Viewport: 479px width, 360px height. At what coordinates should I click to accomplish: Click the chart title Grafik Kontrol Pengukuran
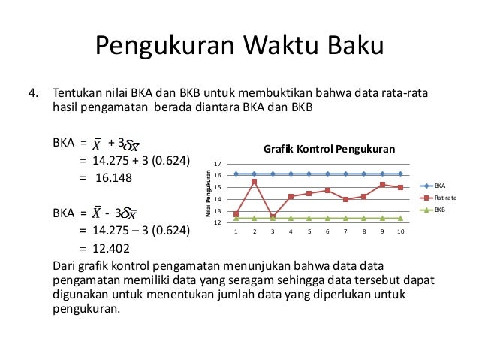328,148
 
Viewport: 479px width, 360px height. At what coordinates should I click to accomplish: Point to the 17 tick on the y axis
218,164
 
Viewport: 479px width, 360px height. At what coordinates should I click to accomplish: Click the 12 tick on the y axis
218,222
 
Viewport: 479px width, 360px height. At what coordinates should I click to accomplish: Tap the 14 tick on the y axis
218,199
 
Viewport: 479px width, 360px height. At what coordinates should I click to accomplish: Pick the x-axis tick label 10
401,231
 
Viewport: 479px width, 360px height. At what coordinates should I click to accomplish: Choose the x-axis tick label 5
309,231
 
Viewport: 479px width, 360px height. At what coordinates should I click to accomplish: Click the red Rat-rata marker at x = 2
255,182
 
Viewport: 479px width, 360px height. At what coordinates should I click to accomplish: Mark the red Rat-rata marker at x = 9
383,185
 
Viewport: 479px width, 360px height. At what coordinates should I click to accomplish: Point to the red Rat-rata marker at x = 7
346,199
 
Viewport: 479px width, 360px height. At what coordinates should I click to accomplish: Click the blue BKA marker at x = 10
401,174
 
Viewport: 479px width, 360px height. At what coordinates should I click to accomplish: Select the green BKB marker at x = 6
327,218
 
